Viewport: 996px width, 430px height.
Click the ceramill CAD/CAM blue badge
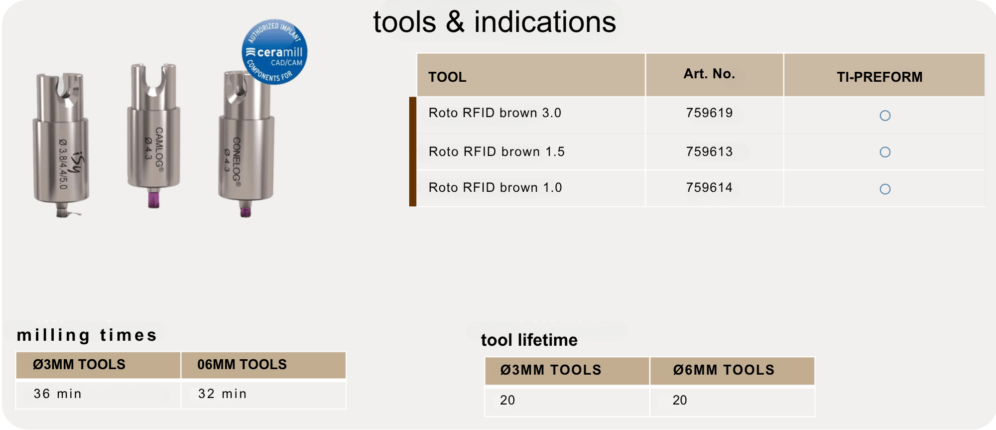coord(274,52)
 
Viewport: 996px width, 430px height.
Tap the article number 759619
coord(709,113)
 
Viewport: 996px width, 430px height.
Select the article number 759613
coord(709,151)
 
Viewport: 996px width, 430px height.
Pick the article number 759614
coord(709,187)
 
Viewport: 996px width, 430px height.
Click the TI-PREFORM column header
coord(879,77)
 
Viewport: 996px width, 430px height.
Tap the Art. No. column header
coord(709,74)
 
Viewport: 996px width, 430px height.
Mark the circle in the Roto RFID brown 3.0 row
coord(885,116)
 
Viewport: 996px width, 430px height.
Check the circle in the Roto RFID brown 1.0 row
coord(885,189)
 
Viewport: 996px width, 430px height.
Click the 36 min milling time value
coord(57,394)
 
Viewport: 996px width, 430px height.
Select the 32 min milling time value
coord(222,394)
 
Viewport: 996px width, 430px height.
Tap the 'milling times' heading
coord(87,335)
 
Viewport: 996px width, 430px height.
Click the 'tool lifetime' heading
coord(529,340)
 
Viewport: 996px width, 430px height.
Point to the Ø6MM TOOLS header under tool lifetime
coord(724,370)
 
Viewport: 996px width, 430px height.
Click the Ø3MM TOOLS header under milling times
coord(79,364)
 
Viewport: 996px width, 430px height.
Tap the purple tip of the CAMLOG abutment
coord(153,200)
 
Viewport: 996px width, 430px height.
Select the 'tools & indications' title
coord(495,22)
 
